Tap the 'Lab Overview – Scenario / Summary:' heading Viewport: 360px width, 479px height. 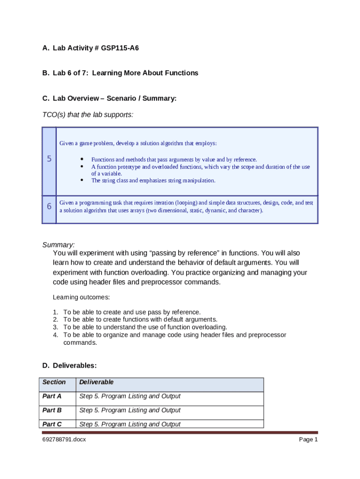tap(115, 98)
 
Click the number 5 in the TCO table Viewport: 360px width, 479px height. tap(49, 159)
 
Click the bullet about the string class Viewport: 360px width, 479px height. tap(153, 181)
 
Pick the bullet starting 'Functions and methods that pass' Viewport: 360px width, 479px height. tap(173, 160)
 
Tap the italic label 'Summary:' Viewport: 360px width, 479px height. tap(58, 245)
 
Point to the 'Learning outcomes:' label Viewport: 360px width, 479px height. tap(81, 297)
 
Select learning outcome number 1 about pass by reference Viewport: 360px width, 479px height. tap(132, 312)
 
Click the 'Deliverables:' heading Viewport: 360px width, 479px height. tap(75, 365)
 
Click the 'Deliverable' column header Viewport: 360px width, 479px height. tap(96, 382)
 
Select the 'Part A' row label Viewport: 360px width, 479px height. tap(52, 396)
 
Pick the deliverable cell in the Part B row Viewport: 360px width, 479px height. tap(130, 410)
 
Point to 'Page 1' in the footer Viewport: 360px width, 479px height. tap(308, 440)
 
